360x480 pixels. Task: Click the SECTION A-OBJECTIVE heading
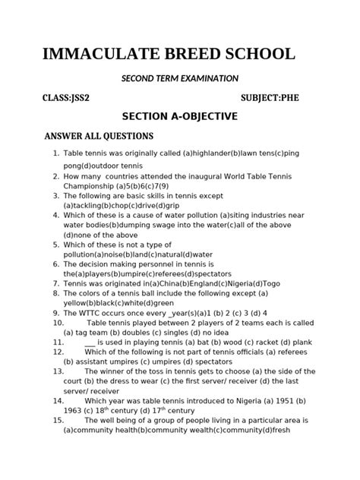coord(180,116)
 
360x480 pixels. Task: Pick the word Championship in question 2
coord(87,185)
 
